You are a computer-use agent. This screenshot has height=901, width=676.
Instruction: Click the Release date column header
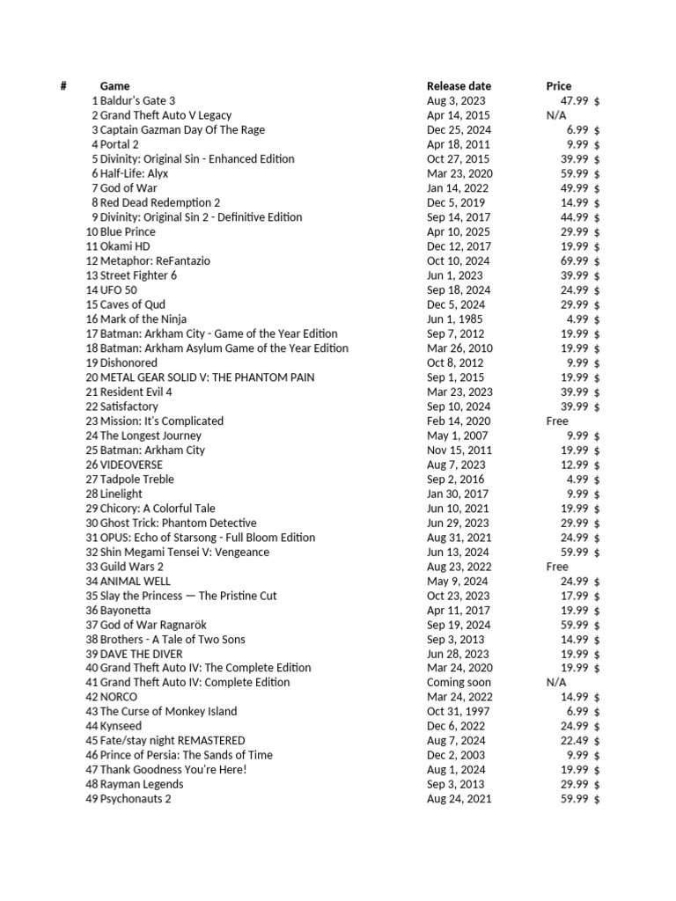[x=459, y=86]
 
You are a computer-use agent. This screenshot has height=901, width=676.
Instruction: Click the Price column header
[x=558, y=86]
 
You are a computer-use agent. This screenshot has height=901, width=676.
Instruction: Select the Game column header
[x=114, y=86]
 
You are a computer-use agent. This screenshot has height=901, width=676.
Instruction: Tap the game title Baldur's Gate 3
[x=137, y=101]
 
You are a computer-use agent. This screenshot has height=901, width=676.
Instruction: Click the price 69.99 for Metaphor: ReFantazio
[x=577, y=261]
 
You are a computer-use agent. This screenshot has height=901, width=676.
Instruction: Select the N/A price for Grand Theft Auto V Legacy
[x=556, y=115]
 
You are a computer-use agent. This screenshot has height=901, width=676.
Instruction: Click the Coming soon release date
[x=459, y=683]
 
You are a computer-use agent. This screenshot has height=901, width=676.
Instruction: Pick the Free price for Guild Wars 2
[x=557, y=568]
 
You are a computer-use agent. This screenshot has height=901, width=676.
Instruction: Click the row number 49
[x=92, y=800]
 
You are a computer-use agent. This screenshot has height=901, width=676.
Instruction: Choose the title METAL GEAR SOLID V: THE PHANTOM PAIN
[x=207, y=377]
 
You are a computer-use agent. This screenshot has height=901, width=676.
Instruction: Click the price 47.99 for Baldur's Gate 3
[x=577, y=101]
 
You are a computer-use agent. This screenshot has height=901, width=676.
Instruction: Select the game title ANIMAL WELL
[x=136, y=582]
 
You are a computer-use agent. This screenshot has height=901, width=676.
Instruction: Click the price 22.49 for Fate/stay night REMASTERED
[x=577, y=741]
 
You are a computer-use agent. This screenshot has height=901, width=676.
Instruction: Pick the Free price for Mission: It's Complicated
[x=557, y=421]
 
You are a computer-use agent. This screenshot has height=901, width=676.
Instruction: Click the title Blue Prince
[x=128, y=232]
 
